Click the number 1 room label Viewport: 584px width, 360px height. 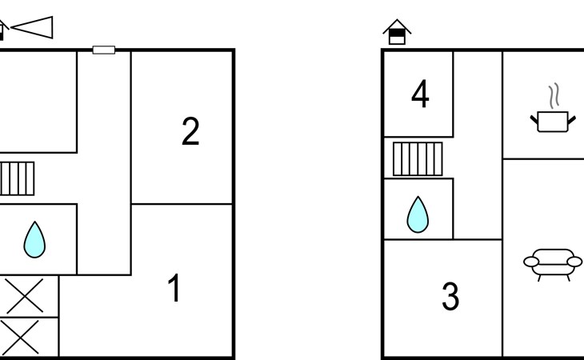click(x=174, y=287)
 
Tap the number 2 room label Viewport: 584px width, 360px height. click(x=190, y=131)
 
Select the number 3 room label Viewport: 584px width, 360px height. click(x=450, y=296)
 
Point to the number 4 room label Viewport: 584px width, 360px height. click(x=420, y=94)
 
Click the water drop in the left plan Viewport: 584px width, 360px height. click(x=34, y=240)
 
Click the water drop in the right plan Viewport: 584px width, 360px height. click(x=418, y=215)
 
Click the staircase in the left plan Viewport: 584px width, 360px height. click(x=17, y=178)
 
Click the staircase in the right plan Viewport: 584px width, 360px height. click(x=418, y=159)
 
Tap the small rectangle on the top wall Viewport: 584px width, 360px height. click(x=103, y=50)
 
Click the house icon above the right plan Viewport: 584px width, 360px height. click(x=397, y=32)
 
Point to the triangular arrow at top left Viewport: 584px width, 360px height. click(x=32, y=27)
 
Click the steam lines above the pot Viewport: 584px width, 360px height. click(x=554, y=96)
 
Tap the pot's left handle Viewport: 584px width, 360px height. click(x=534, y=119)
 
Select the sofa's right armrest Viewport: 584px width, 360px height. click(x=574, y=262)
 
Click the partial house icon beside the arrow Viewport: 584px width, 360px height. click(x=3, y=30)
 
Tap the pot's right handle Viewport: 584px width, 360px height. click(x=572, y=120)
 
